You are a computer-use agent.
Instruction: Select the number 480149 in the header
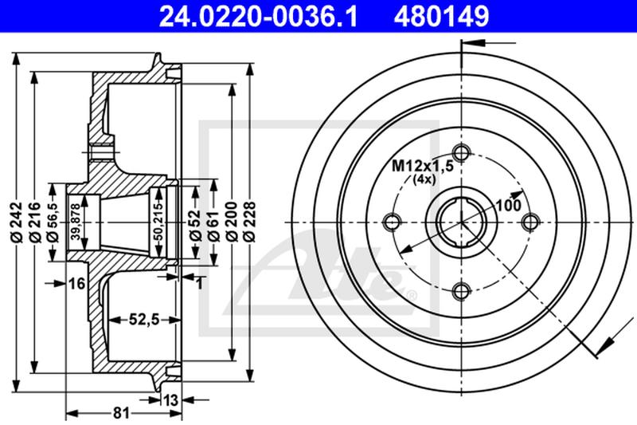click(440, 14)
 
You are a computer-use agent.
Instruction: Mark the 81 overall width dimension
click(121, 413)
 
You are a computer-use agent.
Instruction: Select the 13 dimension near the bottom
click(170, 399)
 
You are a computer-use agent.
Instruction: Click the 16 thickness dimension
click(76, 284)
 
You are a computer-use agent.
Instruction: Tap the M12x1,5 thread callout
click(422, 167)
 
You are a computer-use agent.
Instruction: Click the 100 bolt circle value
click(508, 205)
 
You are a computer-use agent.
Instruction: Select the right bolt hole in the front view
click(529, 221)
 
